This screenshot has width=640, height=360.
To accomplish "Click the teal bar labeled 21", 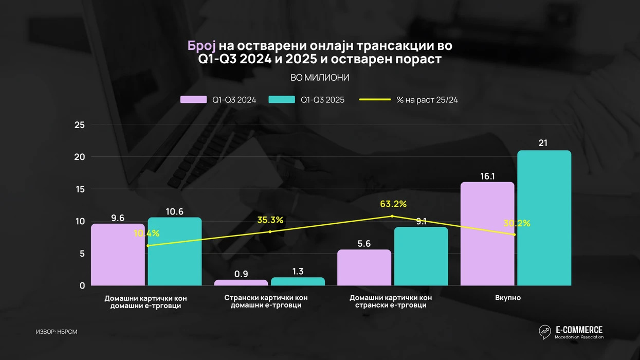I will coord(544,218).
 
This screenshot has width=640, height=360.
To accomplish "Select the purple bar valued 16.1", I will coord(487,234).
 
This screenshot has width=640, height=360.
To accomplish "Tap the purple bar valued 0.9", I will coord(241,282).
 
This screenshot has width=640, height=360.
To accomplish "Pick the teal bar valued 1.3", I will coord(298,281).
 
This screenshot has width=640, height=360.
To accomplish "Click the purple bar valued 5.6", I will coord(364,267).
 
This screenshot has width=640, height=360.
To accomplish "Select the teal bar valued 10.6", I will coord(175,251).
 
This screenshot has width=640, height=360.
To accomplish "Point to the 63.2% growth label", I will coord(393,204).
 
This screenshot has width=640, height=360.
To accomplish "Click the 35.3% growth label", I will coord(270,220).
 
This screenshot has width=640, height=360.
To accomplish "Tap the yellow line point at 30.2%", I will coord(514,235).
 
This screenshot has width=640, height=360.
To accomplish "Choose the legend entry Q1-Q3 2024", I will coord(218,100).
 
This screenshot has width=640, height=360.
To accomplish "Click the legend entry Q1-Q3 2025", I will coord(307,100).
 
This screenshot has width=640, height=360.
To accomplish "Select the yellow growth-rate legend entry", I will coord(409,100).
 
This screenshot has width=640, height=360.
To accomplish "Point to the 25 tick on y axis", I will coord(79,125).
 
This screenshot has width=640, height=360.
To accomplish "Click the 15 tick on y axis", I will coord(79,189).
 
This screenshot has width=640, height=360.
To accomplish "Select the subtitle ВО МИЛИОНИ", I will coord(320,78).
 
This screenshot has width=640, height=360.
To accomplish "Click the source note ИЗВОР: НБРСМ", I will coord(57,332).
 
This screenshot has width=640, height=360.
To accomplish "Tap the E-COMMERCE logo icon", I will coord(545,332).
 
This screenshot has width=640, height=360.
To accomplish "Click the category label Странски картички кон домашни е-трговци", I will coord(266,301).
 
